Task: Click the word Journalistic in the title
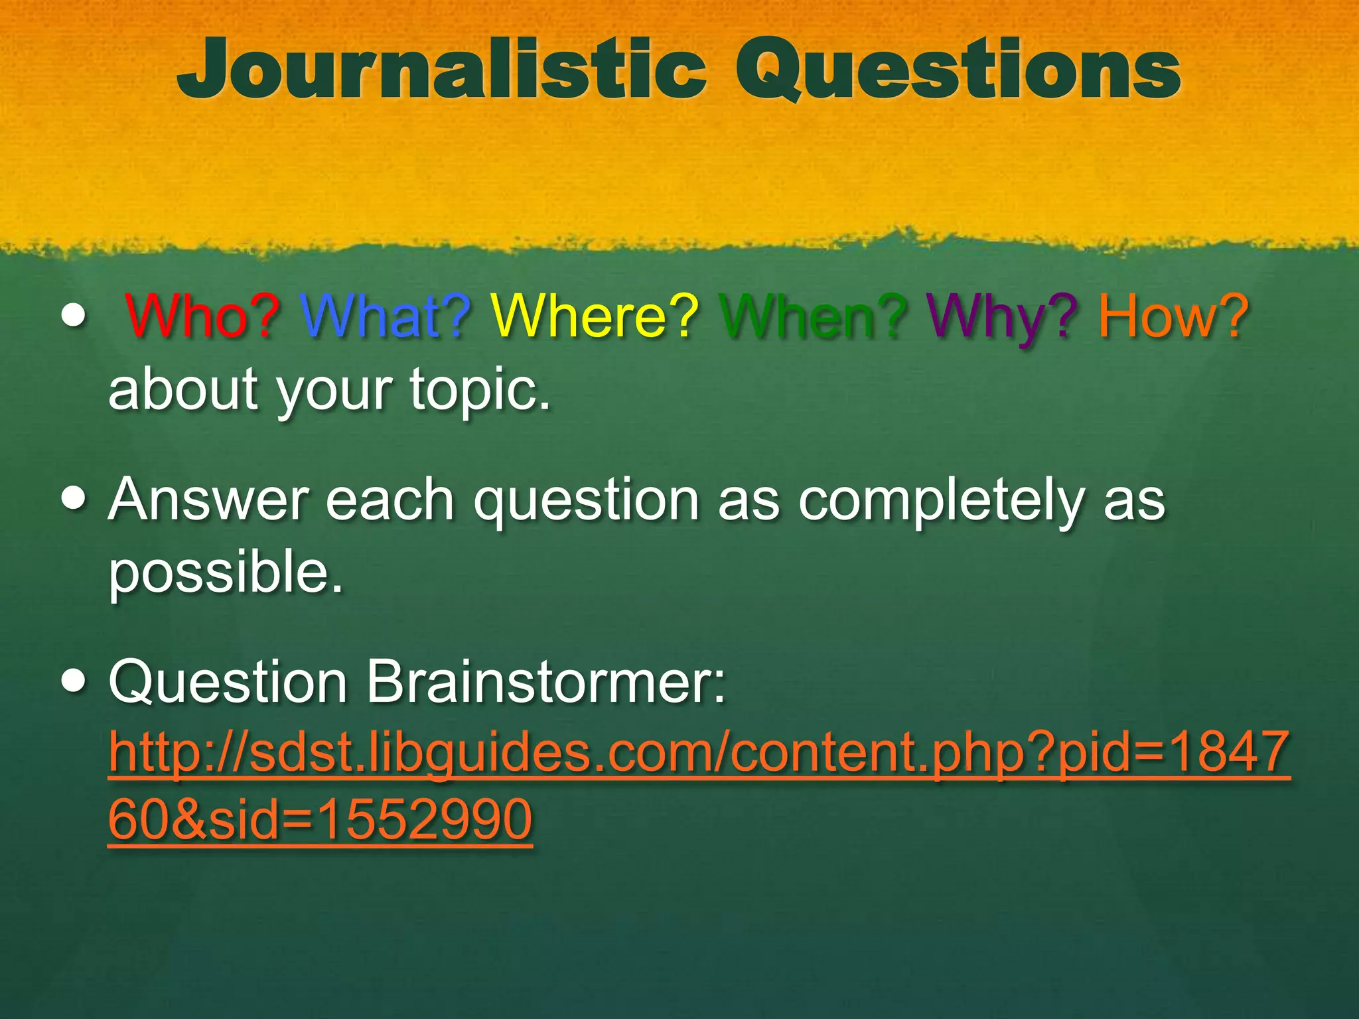(441, 70)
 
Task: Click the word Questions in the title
(958, 70)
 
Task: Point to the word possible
(226, 572)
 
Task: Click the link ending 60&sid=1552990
(320, 820)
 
